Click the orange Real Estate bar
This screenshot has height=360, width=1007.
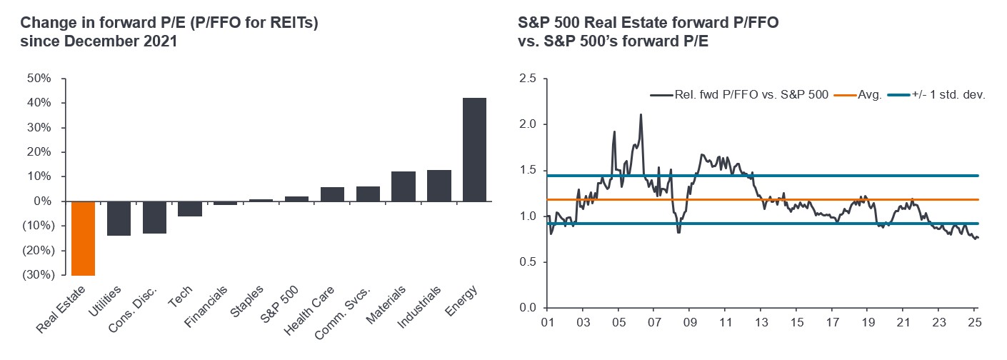tap(84, 238)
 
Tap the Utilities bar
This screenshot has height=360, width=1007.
tap(119, 218)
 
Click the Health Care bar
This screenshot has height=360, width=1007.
tap(332, 194)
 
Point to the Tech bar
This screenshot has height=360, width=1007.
tap(190, 209)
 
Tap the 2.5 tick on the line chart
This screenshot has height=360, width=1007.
tap(528, 78)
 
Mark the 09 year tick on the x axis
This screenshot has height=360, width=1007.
tap(689, 322)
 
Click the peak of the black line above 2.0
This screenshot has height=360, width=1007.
tap(641, 114)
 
